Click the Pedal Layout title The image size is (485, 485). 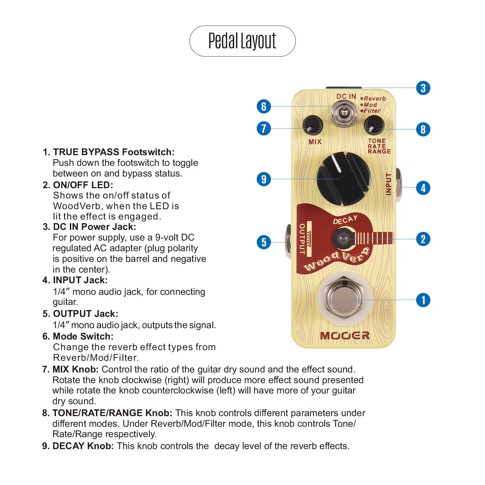pyautogui.click(x=242, y=41)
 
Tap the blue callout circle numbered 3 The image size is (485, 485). pyautogui.click(x=423, y=88)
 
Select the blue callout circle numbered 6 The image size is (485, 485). pyautogui.click(x=264, y=106)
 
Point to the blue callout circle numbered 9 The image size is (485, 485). pyautogui.click(x=264, y=179)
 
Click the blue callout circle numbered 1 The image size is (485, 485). pyautogui.click(x=423, y=300)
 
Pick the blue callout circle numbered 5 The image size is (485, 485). pyautogui.click(x=264, y=242)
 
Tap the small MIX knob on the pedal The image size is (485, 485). pyautogui.click(x=312, y=125)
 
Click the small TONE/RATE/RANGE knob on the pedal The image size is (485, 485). pyautogui.click(x=374, y=125)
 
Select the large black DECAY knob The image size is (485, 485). pyautogui.click(x=343, y=179)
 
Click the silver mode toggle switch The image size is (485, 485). pyautogui.click(x=344, y=113)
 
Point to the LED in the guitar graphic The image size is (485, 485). pyautogui.click(x=343, y=239)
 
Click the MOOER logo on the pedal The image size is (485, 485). pyautogui.click(x=345, y=336)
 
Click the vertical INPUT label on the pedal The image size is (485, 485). pyautogui.click(x=388, y=184)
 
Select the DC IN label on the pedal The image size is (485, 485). pyautogui.click(x=346, y=96)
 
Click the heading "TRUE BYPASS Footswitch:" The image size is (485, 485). pyautogui.click(x=113, y=152)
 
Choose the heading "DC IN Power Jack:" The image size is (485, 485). pyautogui.click(x=94, y=227)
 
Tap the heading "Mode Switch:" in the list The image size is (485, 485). pyautogui.click(x=83, y=336)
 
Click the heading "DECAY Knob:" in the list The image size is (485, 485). pyautogui.click(x=83, y=446)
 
